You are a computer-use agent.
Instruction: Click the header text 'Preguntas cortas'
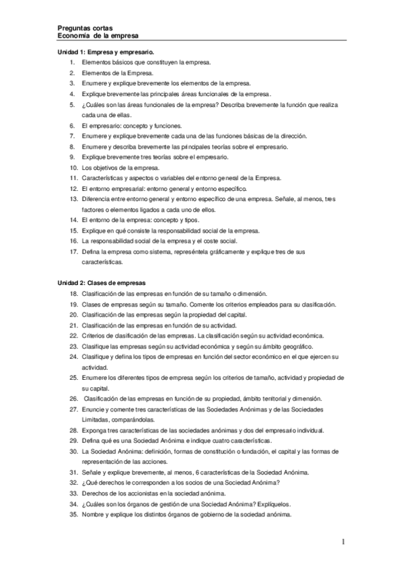tap(83, 28)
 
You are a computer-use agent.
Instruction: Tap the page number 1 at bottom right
tap(343, 541)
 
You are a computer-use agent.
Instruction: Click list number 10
tap(73, 167)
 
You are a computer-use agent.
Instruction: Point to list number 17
tap(73, 251)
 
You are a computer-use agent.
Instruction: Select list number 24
tap(73, 356)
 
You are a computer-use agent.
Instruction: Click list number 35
tap(73, 515)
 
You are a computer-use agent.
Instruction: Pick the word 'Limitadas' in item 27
tap(96, 419)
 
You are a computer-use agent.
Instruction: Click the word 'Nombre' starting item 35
tap(93, 515)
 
